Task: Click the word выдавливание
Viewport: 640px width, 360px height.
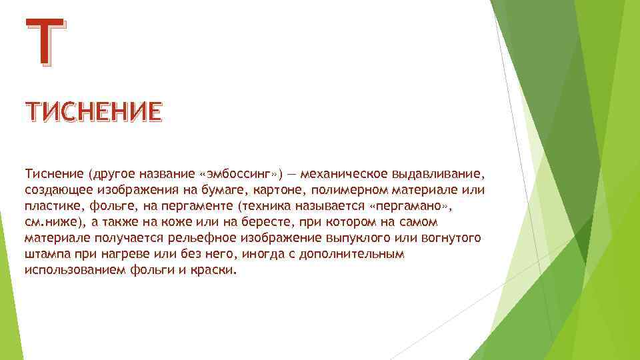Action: (x=443, y=174)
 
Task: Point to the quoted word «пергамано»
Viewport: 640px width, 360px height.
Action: (x=407, y=206)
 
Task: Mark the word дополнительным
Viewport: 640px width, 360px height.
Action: (x=351, y=255)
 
